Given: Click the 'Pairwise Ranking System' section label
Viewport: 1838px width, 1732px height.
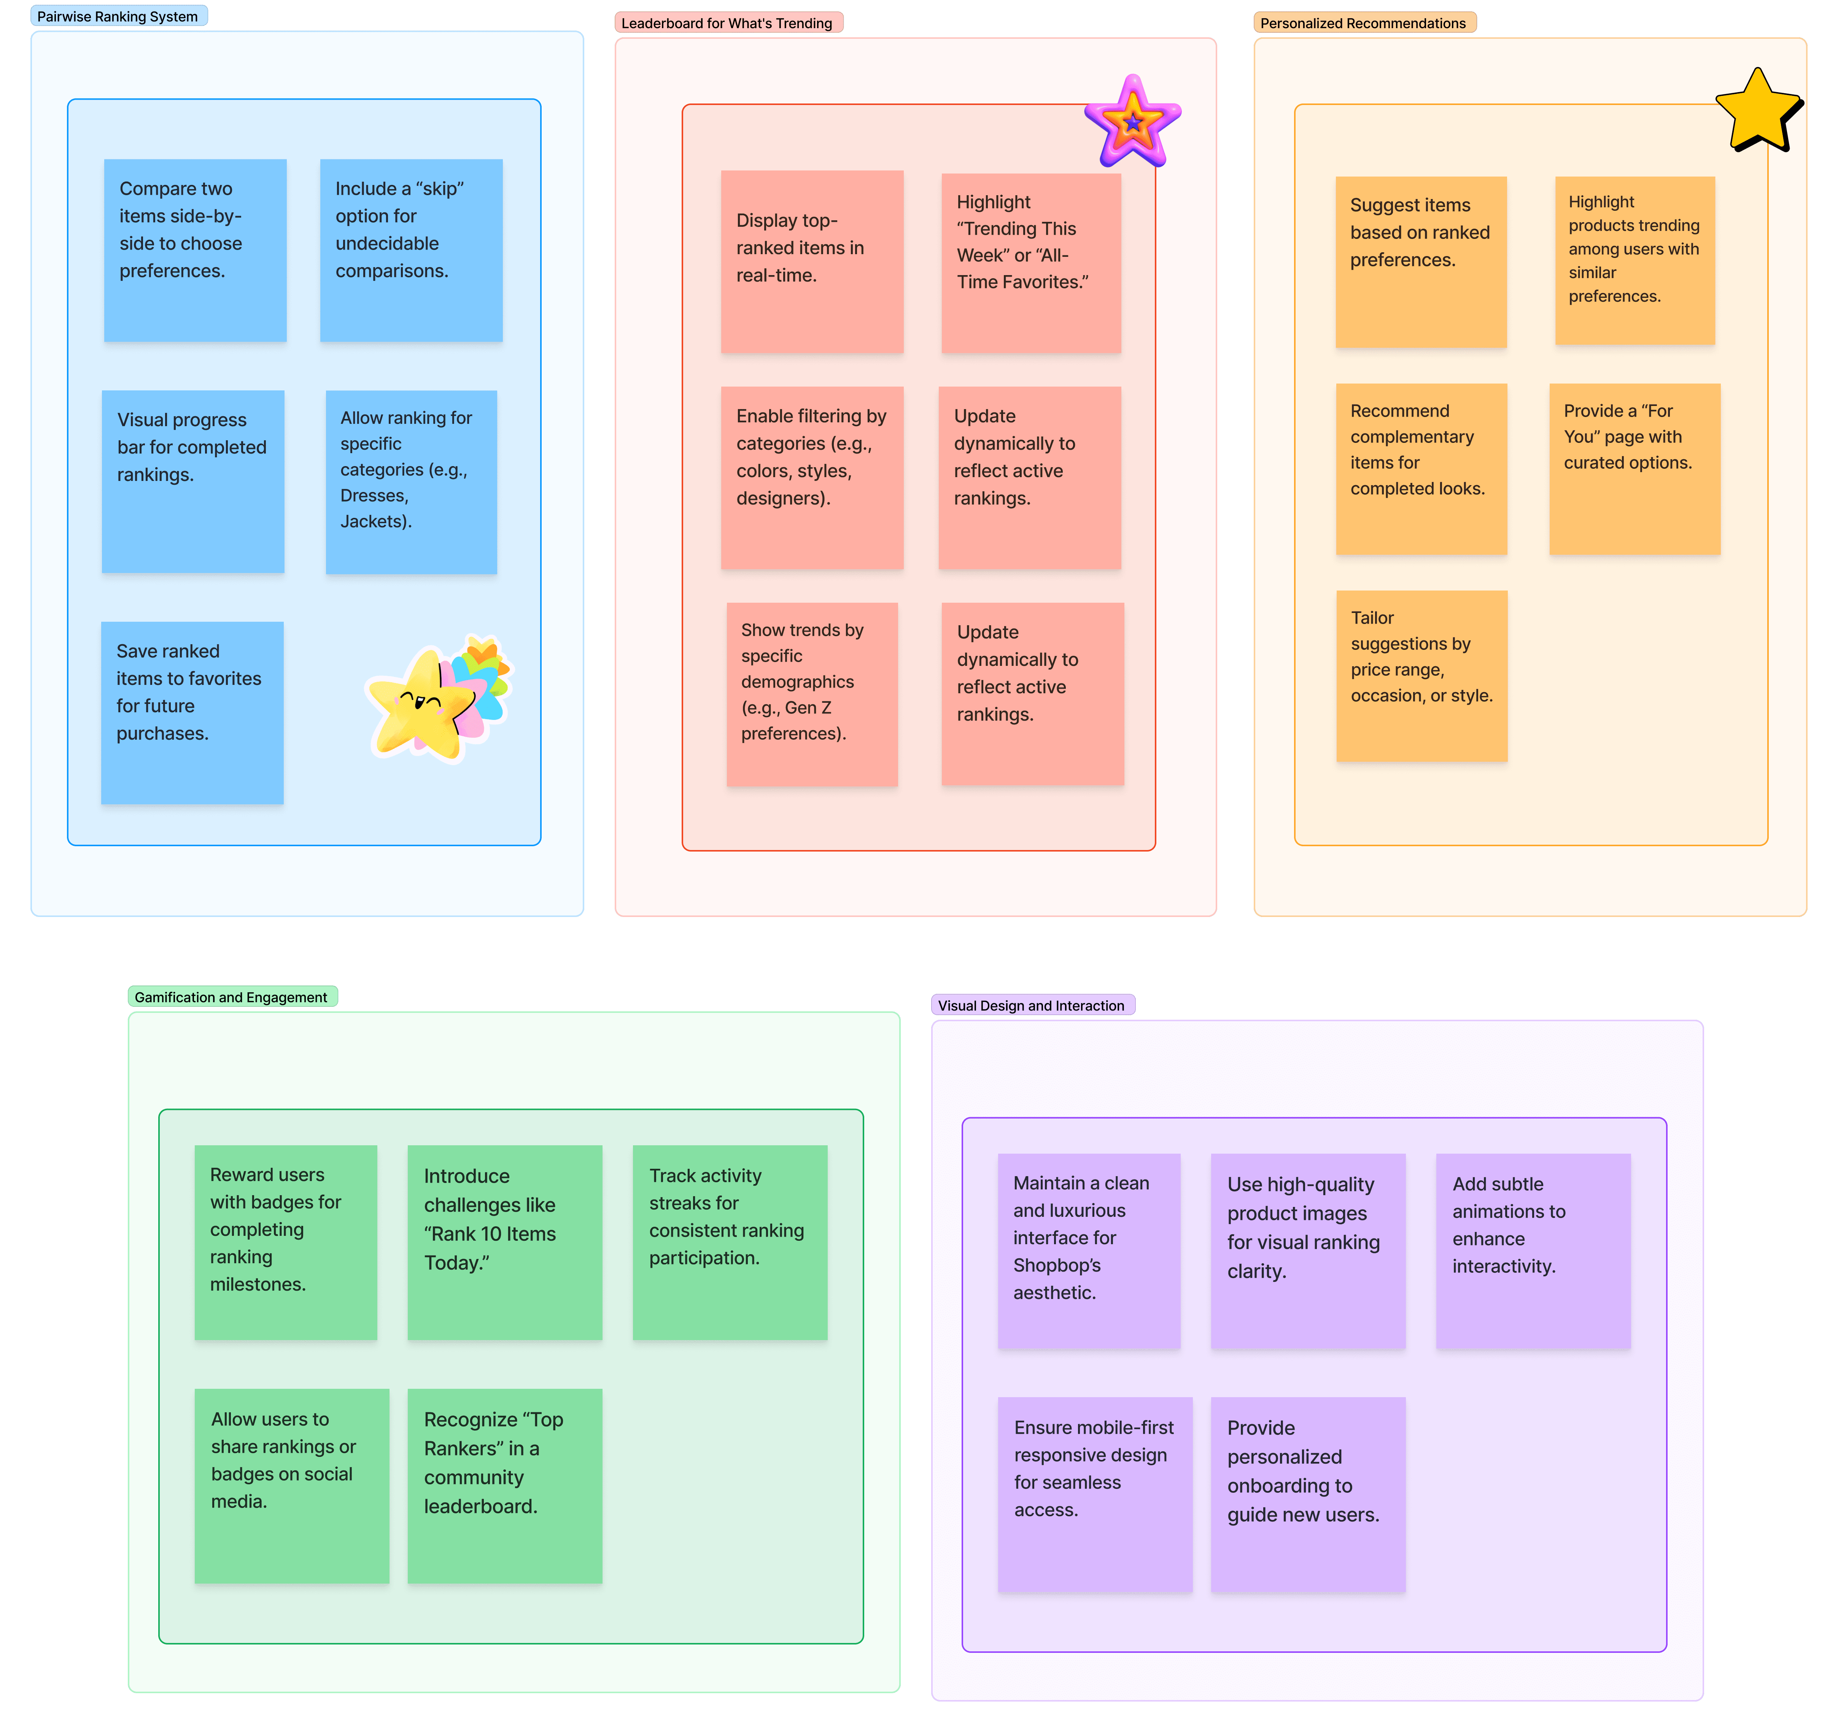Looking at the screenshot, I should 118,17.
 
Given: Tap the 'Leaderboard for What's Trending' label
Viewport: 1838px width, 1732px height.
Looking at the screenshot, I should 727,23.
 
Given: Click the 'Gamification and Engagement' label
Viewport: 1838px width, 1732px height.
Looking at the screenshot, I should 231,997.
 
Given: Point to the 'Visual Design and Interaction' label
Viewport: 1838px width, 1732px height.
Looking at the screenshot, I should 1031,1005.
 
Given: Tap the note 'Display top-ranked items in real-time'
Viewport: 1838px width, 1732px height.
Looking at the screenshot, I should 812,261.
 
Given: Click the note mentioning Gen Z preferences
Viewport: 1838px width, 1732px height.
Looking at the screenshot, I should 812,694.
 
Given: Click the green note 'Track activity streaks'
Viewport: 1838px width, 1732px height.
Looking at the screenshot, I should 730,1242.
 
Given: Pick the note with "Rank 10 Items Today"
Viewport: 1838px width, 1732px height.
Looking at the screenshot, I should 505,1242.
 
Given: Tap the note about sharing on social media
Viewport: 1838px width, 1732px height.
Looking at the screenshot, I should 291,1485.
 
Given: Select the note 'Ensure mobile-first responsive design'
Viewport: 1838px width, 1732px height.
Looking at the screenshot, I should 1095,1493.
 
